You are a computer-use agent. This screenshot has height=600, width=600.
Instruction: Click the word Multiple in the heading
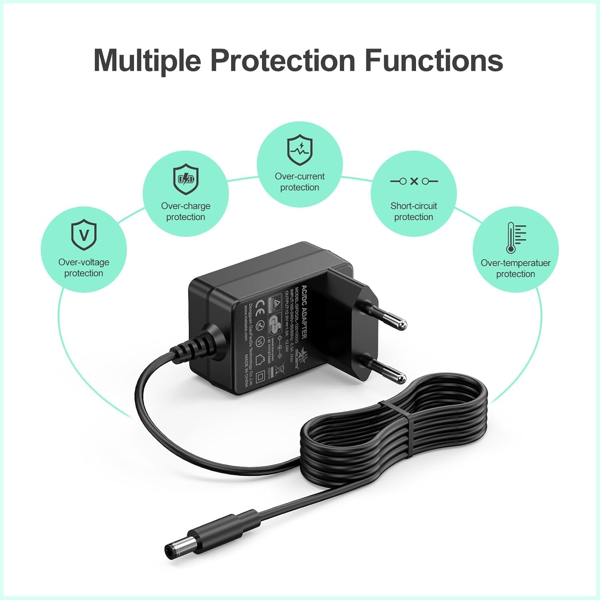point(147,60)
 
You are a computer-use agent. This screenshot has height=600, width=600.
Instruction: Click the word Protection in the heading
point(283,60)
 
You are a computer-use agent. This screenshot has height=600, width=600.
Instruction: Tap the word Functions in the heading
point(434,60)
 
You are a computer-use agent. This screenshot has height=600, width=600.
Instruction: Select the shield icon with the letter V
point(84,234)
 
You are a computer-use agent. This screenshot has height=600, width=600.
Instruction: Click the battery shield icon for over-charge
point(186,179)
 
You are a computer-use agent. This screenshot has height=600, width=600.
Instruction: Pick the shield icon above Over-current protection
point(300,150)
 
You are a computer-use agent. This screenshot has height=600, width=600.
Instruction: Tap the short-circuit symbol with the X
point(414,181)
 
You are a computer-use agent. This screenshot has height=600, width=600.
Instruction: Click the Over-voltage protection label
point(84,268)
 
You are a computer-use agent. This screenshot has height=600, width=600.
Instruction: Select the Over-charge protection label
point(186,211)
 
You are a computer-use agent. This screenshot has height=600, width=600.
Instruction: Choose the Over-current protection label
point(300,182)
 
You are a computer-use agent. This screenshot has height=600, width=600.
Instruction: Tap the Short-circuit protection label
point(414,211)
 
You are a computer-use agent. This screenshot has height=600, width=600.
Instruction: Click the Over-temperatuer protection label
point(516,268)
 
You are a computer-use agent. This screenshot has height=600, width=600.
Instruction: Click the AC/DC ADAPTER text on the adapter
point(304,312)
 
